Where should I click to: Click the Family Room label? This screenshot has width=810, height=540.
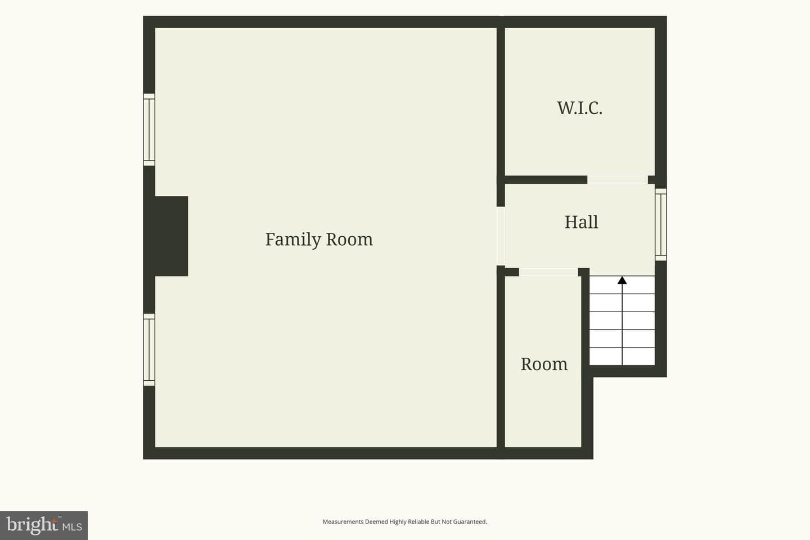(x=319, y=240)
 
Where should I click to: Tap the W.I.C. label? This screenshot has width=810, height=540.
(x=579, y=108)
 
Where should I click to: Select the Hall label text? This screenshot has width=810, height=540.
(x=582, y=222)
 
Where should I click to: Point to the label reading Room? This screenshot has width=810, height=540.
(x=544, y=364)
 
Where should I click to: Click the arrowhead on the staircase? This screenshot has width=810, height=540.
(x=622, y=280)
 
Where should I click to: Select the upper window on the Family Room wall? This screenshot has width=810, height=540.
(x=149, y=129)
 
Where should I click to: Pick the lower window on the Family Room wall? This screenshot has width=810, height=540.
(x=149, y=349)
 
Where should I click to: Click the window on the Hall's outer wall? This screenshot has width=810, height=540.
(x=660, y=224)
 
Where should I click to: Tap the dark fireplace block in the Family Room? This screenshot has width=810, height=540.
(x=172, y=236)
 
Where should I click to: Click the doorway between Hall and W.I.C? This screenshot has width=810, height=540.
(x=617, y=180)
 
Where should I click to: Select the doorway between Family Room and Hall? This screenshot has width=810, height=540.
(x=501, y=236)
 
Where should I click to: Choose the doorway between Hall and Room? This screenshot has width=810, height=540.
(x=548, y=272)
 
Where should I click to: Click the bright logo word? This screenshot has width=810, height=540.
(x=32, y=525)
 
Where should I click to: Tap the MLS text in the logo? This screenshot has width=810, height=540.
(x=72, y=527)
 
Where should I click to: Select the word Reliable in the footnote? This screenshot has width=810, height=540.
(x=418, y=521)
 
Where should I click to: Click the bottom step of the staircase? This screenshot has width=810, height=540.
(x=622, y=356)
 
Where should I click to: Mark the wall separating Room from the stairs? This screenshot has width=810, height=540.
(x=586, y=362)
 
